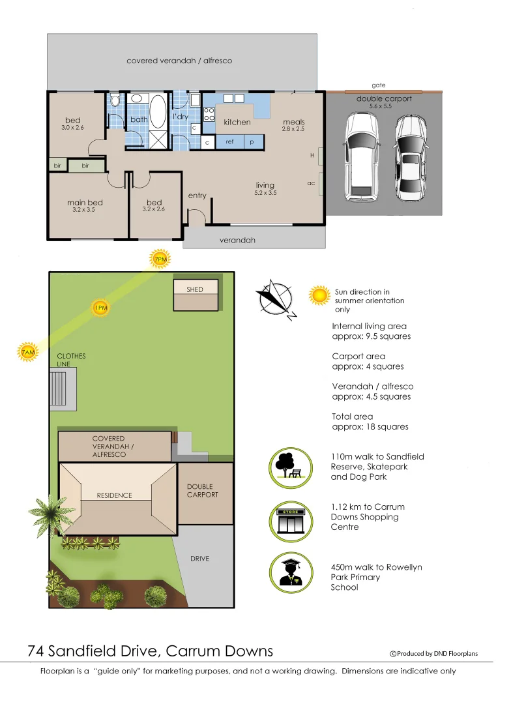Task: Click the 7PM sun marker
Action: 160,259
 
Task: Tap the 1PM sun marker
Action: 100,308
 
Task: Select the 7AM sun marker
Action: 27,352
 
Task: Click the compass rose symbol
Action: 277,299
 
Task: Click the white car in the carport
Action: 360,156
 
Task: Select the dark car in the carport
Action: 410,158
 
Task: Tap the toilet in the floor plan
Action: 115,101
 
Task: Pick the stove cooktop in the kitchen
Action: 209,114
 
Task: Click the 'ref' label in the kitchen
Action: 229,141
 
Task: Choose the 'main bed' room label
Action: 85,203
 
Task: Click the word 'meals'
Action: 293,122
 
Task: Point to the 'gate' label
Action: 379,85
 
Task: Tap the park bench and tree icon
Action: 288,467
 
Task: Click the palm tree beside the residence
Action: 51,512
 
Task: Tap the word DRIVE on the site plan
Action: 199,559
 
